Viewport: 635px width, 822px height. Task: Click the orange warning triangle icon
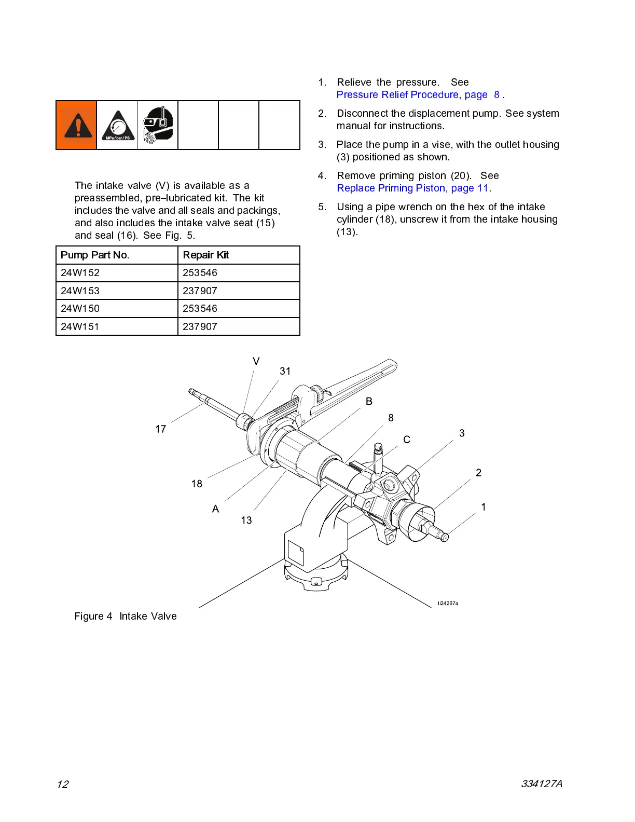76,125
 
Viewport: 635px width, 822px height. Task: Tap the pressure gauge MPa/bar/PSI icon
117,126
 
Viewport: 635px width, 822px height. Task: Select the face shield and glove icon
158,125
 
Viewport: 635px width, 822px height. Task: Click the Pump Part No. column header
95,255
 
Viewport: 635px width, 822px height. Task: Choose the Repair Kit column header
206,255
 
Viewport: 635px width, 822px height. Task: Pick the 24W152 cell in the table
80,273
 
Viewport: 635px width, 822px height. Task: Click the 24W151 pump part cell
80,326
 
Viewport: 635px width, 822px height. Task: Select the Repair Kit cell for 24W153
200,291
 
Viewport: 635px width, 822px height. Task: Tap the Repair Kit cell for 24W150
200,309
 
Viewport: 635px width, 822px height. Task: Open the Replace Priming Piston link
412,188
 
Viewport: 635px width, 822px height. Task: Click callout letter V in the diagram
256,361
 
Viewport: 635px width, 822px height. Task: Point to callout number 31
285,371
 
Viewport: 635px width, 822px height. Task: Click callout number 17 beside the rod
161,429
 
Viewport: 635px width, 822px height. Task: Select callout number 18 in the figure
197,484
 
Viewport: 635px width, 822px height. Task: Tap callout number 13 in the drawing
246,520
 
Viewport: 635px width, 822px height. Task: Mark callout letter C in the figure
407,440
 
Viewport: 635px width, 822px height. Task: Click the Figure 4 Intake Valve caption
126,616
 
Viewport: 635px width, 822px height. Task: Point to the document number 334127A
542,784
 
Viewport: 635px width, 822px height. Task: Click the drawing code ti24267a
448,604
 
